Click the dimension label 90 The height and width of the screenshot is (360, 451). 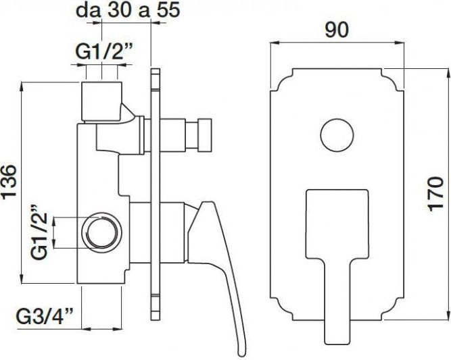tap(337, 29)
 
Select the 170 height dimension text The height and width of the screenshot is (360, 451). tap(437, 195)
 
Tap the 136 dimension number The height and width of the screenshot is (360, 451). tap(9, 182)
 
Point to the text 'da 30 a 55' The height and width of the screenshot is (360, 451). tap(128, 10)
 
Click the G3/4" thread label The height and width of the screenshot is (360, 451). tap(45, 316)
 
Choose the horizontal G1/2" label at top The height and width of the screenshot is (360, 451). tap(103, 52)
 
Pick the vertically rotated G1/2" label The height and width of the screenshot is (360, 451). tap(39, 233)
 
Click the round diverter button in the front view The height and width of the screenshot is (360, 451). tap(337, 134)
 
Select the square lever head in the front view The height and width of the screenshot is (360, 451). tap(337, 224)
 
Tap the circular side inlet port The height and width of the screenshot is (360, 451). tap(101, 233)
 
